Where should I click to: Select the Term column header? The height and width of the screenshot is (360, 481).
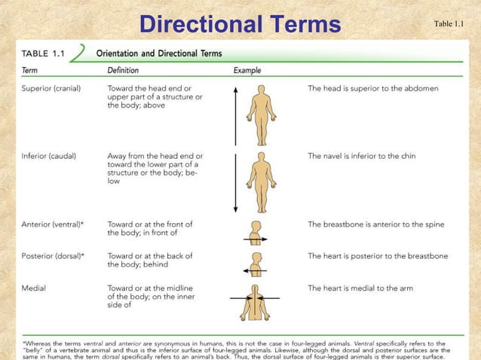(30, 69)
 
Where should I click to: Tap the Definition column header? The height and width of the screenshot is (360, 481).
(123, 69)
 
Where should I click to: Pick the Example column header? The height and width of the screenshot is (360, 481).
(248, 69)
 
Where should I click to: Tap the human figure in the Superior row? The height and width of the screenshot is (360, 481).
(262, 114)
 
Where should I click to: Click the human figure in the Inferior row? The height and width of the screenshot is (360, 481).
(262, 182)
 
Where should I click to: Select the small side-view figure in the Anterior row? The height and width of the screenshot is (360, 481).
(256, 233)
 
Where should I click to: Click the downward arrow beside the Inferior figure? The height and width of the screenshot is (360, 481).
(235, 182)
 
